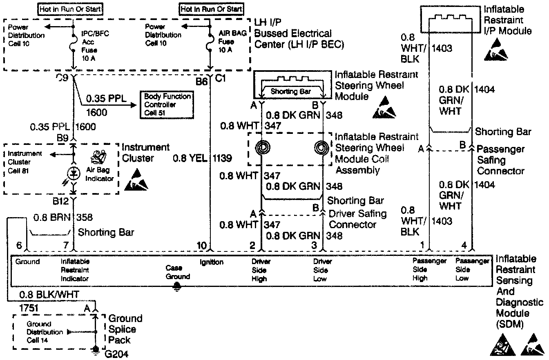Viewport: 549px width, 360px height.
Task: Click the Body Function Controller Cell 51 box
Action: (167, 105)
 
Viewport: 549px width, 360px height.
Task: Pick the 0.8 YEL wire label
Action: (190, 158)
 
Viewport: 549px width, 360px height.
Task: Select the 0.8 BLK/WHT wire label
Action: (49, 295)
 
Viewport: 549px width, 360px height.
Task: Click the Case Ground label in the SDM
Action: (177, 272)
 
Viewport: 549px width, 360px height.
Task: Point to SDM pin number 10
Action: (202, 245)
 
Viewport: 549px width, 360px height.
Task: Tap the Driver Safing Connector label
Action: (358, 219)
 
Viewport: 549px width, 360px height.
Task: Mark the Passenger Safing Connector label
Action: (500, 160)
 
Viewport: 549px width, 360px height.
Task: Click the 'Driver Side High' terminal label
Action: (260, 270)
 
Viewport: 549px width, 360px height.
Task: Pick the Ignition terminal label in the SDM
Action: (211, 262)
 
